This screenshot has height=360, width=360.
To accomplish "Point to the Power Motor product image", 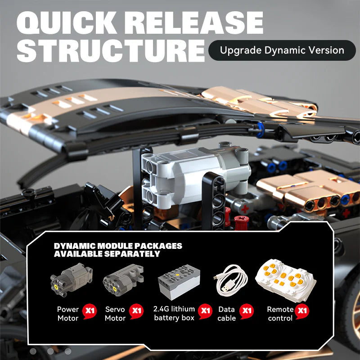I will pyautogui.click(x=71, y=280).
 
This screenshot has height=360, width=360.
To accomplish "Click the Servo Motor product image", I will pyautogui.click(x=119, y=281).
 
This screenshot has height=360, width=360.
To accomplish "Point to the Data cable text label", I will pyautogui.click(x=227, y=314).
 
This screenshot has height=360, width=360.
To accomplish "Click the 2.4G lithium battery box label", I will pyautogui.click(x=174, y=313).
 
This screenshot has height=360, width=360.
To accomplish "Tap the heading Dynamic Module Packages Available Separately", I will pyautogui.click(x=118, y=250).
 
